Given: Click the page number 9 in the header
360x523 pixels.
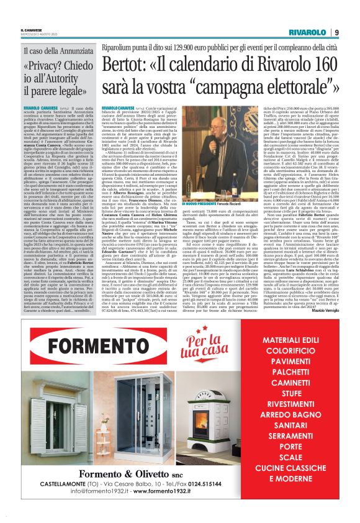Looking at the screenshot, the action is click(336, 32).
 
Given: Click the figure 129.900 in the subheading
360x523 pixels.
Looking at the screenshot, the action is click(186, 47).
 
